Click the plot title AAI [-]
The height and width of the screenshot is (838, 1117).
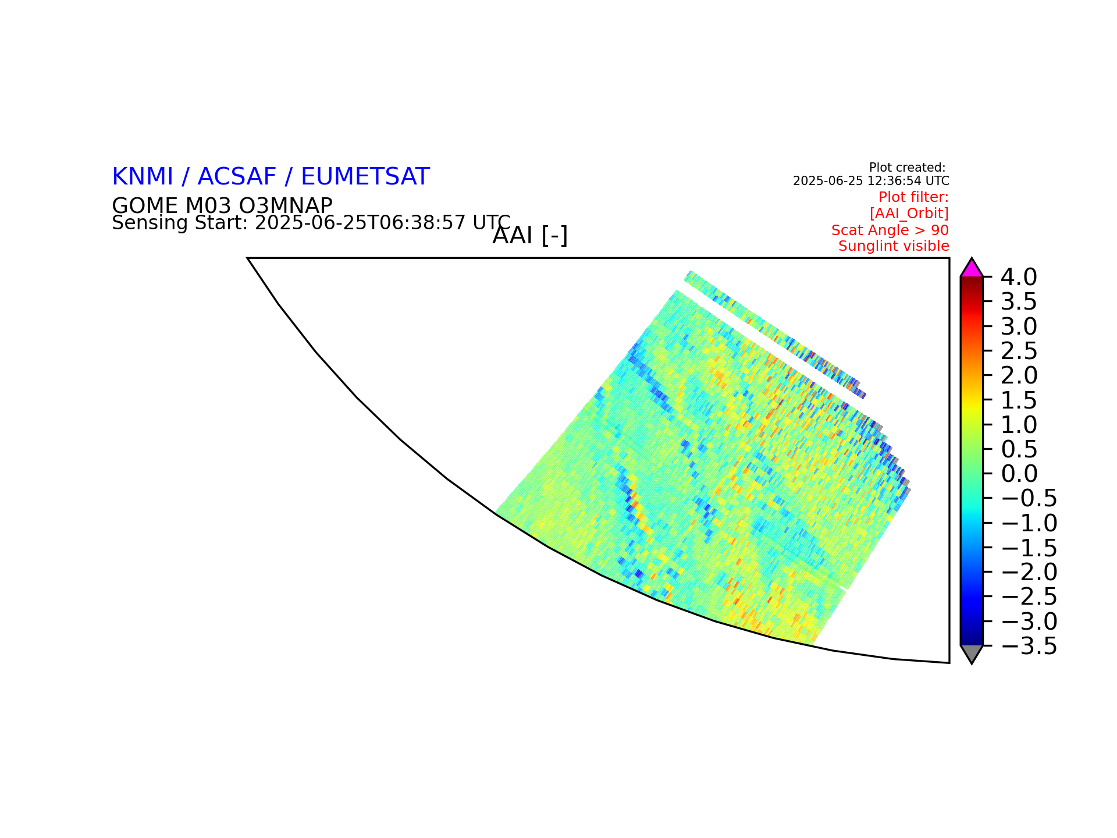[530, 236]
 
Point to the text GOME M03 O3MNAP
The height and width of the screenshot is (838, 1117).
[222, 205]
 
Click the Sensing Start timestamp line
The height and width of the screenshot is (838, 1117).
[311, 222]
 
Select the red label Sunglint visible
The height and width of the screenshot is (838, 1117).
[894, 246]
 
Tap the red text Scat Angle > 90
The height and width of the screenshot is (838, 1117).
[890, 230]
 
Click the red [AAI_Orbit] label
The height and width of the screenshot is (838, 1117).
[909, 214]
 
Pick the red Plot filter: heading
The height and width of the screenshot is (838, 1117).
[914, 197]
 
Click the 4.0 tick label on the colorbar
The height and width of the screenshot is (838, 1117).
[1019, 277]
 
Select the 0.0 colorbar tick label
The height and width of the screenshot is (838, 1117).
[1019, 474]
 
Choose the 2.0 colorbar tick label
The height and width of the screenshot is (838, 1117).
[1019, 375]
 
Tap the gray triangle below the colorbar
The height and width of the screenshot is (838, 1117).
[972, 653]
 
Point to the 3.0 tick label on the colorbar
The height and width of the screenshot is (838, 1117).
[1019, 326]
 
